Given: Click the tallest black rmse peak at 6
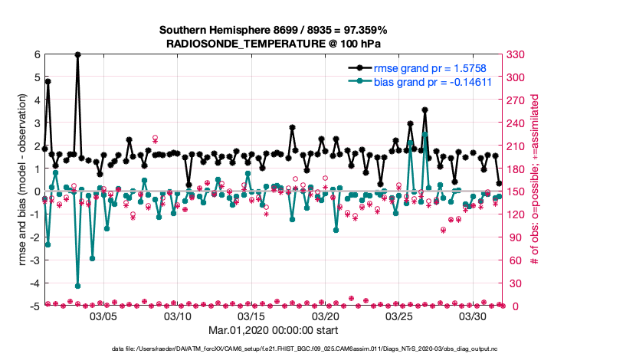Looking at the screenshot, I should pyautogui.click(x=78, y=54).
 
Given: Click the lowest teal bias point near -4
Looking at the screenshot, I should pyautogui.click(x=78, y=286).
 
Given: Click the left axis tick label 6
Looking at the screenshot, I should pyautogui.click(x=37, y=54).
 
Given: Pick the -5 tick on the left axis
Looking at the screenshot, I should pyautogui.click(x=34, y=306).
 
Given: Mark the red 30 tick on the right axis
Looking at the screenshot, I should pyautogui.click(x=513, y=283).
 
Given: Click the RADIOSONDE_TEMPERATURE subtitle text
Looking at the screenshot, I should pyautogui.click(x=273, y=44).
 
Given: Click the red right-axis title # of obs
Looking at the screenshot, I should pyautogui.click(x=534, y=180).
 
